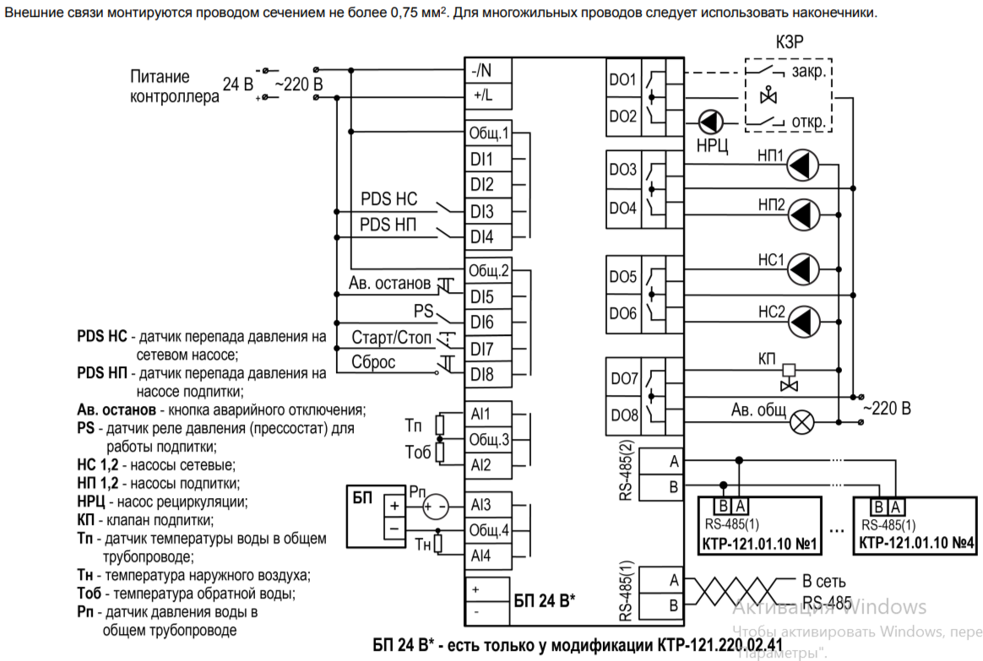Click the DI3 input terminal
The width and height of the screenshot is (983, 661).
[488, 211]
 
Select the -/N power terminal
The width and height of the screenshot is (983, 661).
[488, 70]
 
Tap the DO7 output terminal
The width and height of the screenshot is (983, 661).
[624, 378]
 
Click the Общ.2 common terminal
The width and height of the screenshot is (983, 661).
[488, 271]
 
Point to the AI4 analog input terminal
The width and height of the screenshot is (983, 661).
[488, 555]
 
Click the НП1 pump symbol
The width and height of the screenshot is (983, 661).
[802, 165]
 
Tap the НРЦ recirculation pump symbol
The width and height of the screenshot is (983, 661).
[711, 122]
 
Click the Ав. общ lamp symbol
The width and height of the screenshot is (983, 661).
[801, 421]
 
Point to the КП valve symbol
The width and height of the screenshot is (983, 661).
[789, 378]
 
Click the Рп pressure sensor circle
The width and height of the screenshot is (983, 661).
[436, 507]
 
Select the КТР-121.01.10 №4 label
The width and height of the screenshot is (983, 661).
[916, 543]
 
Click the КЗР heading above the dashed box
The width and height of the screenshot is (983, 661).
[790, 42]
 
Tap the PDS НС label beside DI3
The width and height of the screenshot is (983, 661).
[388, 198]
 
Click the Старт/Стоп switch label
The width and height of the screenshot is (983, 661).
[392, 338]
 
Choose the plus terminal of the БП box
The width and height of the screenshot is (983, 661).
[394, 506]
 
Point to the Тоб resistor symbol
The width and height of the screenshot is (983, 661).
[440, 452]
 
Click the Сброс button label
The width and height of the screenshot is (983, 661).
[373, 362]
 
